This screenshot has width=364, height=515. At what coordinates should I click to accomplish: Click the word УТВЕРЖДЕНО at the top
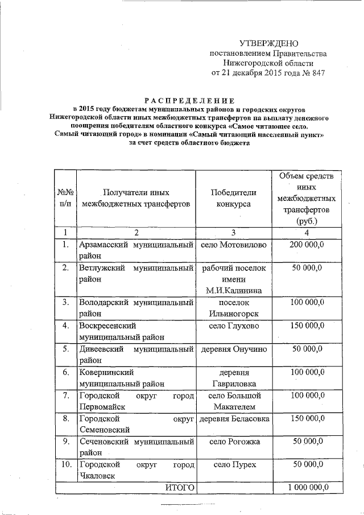click(268, 44)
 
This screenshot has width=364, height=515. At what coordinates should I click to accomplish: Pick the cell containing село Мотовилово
click(234, 245)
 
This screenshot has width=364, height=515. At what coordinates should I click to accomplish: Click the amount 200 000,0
click(307, 245)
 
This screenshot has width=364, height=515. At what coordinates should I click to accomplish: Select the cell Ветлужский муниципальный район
click(136, 274)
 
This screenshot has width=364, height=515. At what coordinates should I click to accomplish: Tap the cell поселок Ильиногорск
click(234, 308)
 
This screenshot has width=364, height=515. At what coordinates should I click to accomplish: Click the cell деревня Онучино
click(234, 349)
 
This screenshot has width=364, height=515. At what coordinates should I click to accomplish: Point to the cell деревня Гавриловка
click(234, 378)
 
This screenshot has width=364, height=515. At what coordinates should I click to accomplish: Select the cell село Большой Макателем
click(234, 401)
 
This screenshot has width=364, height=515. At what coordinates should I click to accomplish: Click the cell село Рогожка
click(234, 442)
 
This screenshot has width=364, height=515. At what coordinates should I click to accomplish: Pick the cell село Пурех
click(234, 465)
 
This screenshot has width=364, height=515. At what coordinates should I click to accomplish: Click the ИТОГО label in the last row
click(180, 488)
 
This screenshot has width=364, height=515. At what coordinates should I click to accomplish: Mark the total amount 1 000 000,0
click(308, 488)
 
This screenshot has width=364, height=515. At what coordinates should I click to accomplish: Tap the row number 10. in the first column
click(66, 465)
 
